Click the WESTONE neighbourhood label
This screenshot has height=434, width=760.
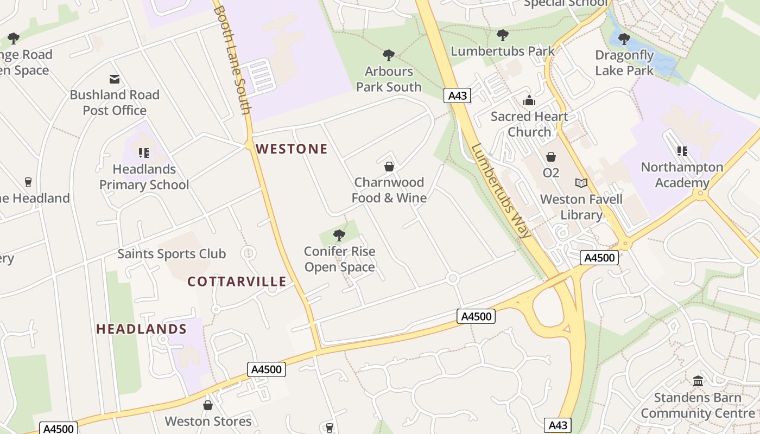point(292,149)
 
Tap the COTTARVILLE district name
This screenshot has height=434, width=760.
point(237,281)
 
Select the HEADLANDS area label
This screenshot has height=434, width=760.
point(141,329)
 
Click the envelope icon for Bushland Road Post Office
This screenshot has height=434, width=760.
point(115,79)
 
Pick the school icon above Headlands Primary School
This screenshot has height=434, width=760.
point(144,153)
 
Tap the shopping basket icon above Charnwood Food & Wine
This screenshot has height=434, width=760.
point(389,166)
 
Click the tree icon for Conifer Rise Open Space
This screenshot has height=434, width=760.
point(339,235)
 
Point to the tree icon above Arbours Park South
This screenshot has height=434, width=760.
point(388,55)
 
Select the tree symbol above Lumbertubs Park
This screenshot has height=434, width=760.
point(503,35)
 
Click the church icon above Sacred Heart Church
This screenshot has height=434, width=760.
point(529,100)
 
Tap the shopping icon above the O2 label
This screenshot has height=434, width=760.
point(551,157)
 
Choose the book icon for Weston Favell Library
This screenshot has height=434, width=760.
point(581,183)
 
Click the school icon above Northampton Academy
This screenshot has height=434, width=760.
point(682,151)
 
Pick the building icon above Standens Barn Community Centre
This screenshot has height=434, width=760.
point(698,381)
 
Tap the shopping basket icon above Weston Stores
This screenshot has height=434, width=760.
point(207,405)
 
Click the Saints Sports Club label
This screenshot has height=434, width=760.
point(172,253)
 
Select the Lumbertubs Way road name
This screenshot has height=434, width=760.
point(501,190)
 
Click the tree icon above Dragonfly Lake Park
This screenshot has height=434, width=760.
point(624,39)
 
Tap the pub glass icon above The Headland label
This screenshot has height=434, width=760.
point(28,182)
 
